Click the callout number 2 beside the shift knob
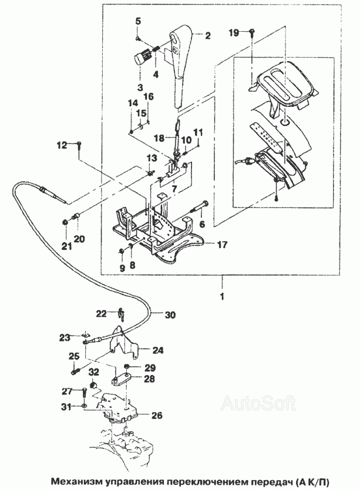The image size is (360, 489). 207,35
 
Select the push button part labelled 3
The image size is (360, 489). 141,58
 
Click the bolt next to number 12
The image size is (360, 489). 79,146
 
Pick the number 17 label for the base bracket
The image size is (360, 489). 223,244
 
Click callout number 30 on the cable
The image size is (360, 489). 170,315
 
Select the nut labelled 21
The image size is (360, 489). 65,222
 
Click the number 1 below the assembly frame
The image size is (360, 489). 222,297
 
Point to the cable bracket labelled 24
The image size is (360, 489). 125,343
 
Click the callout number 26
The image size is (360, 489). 157,415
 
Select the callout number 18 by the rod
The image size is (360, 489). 159,138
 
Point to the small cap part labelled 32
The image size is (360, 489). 92,384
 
